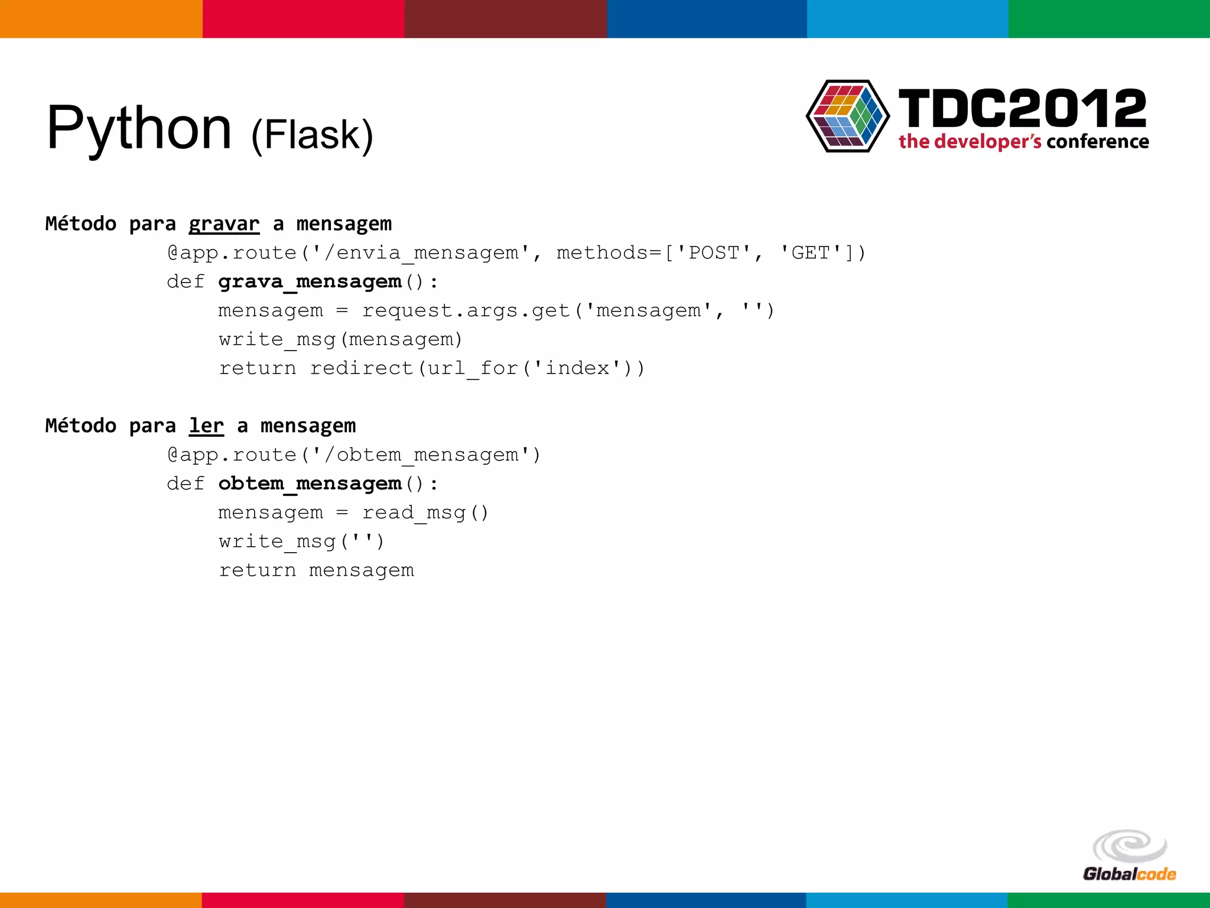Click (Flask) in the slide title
pyautogui.click(x=312, y=135)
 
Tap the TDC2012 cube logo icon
pyautogui.click(x=848, y=116)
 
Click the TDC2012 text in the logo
pyautogui.click(x=1022, y=109)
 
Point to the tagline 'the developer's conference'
pyautogui.click(x=1023, y=142)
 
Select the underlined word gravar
pyautogui.click(x=224, y=224)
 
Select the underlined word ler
pyautogui.click(x=206, y=426)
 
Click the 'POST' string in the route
pyautogui.click(x=714, y=253)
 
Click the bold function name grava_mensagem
pyautogui.click(x=310, y=281)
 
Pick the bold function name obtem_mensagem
pyautogui.click(x=310, y=484)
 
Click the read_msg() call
pyautogui.click(x=425, y=513)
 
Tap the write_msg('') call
pyautogui.click(x=301, y=541)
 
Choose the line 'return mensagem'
pyautogui.click(x=316, y=570)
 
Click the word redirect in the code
pyautogui.click(x=362, y=368)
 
